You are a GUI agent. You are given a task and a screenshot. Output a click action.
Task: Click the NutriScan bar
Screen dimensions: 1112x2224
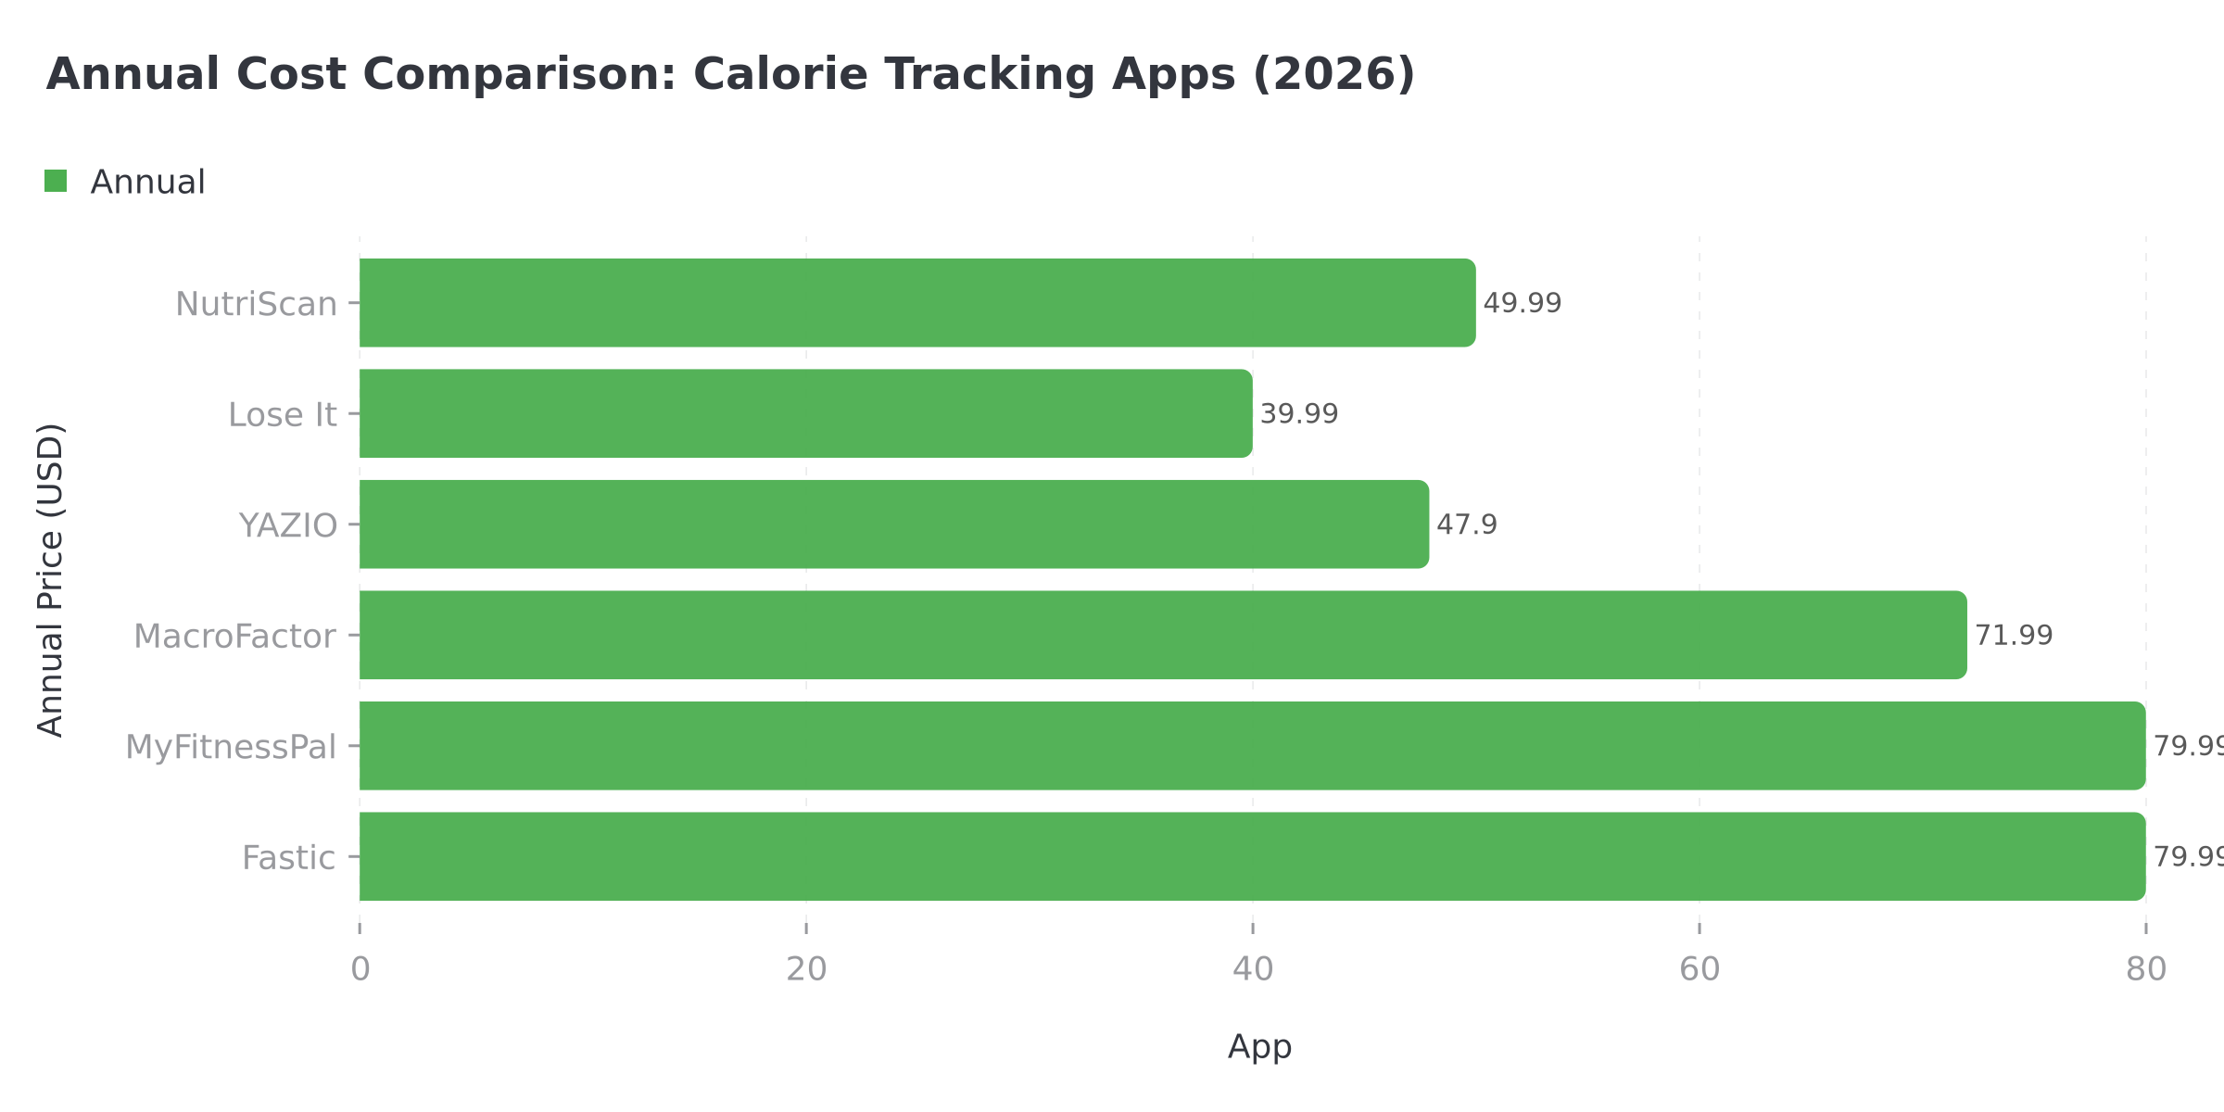pos(917,303)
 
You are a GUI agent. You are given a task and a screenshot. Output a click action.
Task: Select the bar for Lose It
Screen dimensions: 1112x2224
pos(806,413)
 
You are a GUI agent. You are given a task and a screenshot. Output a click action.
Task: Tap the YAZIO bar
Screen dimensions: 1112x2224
pos(894,524)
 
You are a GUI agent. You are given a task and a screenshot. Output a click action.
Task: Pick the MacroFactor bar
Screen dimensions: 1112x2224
pos(1163,635)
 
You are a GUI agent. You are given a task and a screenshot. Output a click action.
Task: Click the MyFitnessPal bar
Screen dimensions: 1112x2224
pos(1251,746)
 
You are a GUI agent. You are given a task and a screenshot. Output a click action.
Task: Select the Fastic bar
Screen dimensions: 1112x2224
pos(1251,856)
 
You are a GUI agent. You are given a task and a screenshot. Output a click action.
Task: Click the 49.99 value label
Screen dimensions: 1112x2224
pos(1522,303)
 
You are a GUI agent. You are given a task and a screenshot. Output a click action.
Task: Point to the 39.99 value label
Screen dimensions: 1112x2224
pos(1298,413)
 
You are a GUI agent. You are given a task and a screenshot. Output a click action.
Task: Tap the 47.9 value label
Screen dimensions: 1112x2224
pos(1466,524)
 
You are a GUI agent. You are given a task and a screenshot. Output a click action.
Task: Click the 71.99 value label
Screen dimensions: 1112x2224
pos(2013,635)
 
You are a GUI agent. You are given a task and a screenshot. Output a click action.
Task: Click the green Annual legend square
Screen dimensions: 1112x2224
pos(56,182)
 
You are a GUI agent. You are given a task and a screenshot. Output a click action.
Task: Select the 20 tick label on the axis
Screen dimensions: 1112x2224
pos(805,969)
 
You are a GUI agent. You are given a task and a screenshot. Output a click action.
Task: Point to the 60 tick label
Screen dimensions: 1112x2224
pos(1699,969)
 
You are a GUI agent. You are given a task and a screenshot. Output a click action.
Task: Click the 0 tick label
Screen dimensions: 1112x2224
pos(360,969)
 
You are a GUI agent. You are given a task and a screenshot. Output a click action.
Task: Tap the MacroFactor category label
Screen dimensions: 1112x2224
pos(234,637)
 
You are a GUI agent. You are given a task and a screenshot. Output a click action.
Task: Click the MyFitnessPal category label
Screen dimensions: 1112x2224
pos(230,747)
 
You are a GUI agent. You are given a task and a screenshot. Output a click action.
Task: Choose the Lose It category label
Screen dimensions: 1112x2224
pos(282,415)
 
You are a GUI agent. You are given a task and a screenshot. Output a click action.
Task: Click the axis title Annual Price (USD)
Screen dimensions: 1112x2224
pos(51,580)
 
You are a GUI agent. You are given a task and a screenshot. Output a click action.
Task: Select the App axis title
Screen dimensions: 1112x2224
pos(1258,1047)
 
